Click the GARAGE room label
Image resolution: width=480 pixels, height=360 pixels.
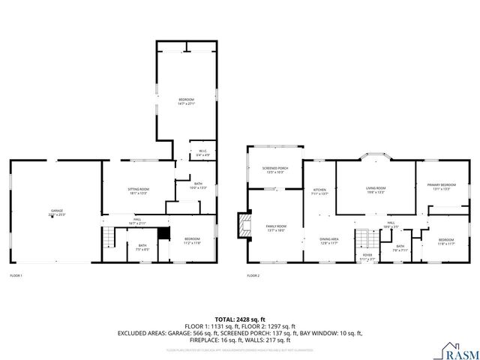click(57, 213)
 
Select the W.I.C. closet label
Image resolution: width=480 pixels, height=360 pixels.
click(202, 153)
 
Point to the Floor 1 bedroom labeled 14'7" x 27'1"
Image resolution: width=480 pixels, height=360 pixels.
click(186, 102)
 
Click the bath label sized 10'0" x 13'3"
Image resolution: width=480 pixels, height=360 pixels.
click(198, 186)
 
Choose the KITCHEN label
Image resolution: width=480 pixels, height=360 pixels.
click(320, 191)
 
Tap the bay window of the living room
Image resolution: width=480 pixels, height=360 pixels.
click(375, 157)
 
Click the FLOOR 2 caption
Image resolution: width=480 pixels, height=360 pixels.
click(253, 276)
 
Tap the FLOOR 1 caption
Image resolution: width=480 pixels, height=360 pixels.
click(16, 276)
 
